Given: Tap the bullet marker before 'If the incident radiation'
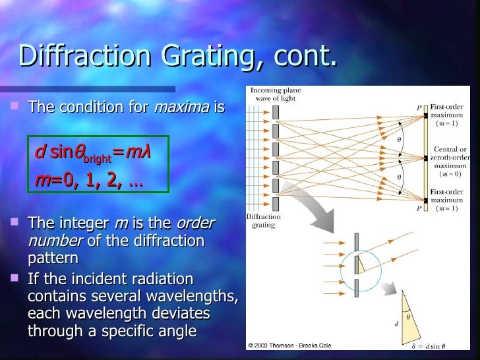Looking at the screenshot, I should (x=12, y=279).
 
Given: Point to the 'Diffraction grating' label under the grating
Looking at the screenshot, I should (x=264, y=220).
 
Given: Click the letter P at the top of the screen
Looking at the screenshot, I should (x=418, y=108).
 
